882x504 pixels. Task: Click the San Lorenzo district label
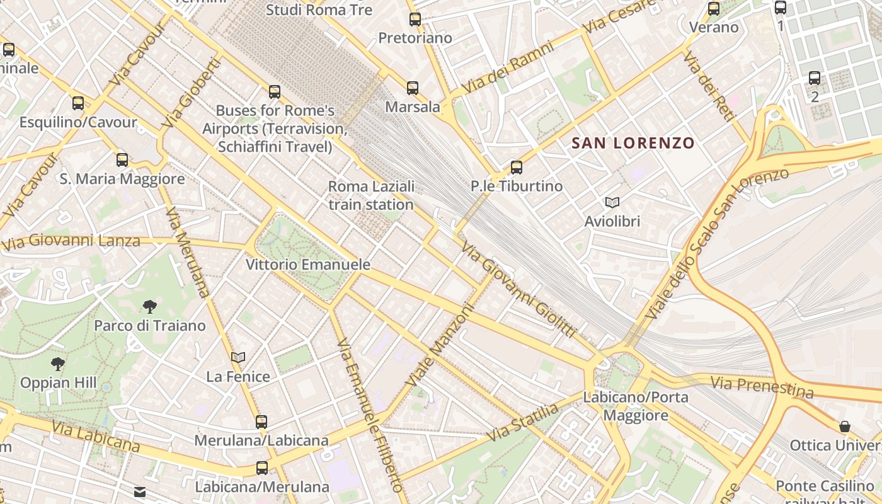tap(633, 143)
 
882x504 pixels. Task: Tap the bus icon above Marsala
tap(413, 88)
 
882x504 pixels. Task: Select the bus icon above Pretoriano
tap(415, 20)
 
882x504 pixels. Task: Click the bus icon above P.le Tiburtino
tap(517, 167)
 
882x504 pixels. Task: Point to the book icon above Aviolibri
tap(612, 202)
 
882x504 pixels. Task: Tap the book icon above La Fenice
tap(238, 357)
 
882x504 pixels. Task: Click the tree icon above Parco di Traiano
tap(150, 307)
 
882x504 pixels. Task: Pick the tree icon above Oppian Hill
tap(58, 364)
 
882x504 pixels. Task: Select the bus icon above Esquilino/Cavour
tap(78, 103)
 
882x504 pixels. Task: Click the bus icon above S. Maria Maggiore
tap(122, 159)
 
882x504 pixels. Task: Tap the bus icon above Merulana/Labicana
tap(261, 421)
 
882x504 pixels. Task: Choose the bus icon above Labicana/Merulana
tap(262, 468)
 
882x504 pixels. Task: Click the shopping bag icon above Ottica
tap(844, 427)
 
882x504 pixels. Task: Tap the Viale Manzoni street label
tap(440, 345)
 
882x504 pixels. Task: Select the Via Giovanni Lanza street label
tap(71, 241)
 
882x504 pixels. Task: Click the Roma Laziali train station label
tap(371, 195)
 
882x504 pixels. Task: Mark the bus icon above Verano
tap(714, 9)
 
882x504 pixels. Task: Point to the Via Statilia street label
tap(522, 423)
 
